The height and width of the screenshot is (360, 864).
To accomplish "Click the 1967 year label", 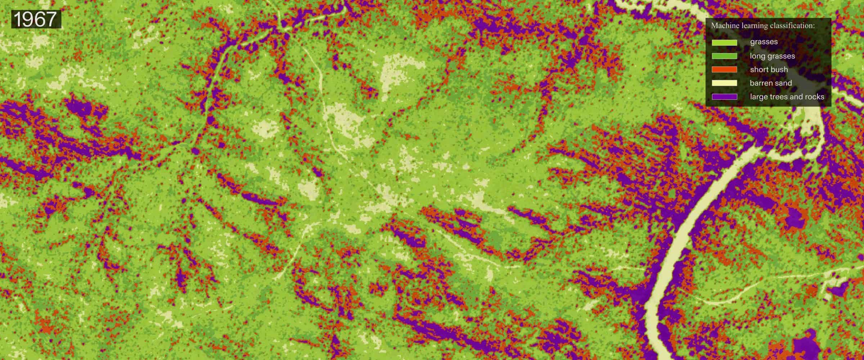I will [x=35, y=19].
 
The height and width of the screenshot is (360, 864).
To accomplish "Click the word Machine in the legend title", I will [x=723, y=26].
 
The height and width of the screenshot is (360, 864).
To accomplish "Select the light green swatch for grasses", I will [x=724, y=42].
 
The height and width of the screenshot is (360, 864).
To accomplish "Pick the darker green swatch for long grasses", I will [x=724, y=56].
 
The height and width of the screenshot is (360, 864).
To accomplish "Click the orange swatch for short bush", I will [x=724, y=69].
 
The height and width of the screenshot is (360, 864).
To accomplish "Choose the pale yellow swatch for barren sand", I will [x=724, y=83].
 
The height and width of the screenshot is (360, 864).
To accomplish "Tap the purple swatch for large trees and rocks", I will [x=724, y=97].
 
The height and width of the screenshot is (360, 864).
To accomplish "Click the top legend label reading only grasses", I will [x=764, y=42].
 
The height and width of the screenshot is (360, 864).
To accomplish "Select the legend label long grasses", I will [x=772, y=56].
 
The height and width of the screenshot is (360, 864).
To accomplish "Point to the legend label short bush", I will [x=769, y=69].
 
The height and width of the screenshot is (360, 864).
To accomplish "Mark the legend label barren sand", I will [x=771, y=83].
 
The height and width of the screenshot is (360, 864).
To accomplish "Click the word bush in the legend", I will [x=777, y=69].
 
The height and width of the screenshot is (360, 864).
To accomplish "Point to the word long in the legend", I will [x=757, y=56].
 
